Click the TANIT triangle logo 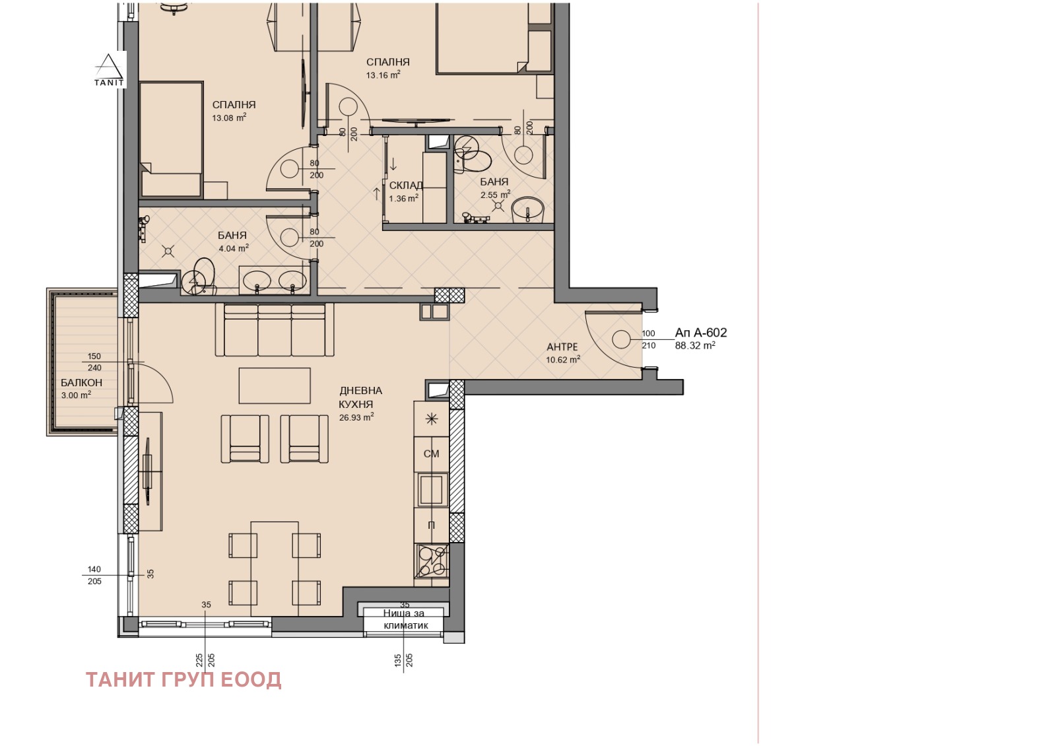click(x=109, y=69)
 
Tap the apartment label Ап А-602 click(x=701, y=333)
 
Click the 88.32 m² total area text click(x=696, y=346)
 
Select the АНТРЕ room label click(x=562, y=347)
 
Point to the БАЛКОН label click(x=82, y=383)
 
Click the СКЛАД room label click(x=406, y=186)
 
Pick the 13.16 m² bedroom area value click(x=383, y=75)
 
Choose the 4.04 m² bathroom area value click(x=234, y=248)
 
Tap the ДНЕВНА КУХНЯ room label click(x=360, y=397)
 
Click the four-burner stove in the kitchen click(x=432, y=561)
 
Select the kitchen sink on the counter click(x=432, y=489)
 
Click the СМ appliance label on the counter click(x=432, y=454)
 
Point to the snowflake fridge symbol click(x=432, y=419)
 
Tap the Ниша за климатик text click(x=405, y=619)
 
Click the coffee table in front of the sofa click(x=275, y=386)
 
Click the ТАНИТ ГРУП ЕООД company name click(x=184, y=680)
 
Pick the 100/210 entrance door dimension click(x=649, y=339)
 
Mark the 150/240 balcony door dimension click(x=94, y=362)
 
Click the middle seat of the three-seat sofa click(x=275, y=330)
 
